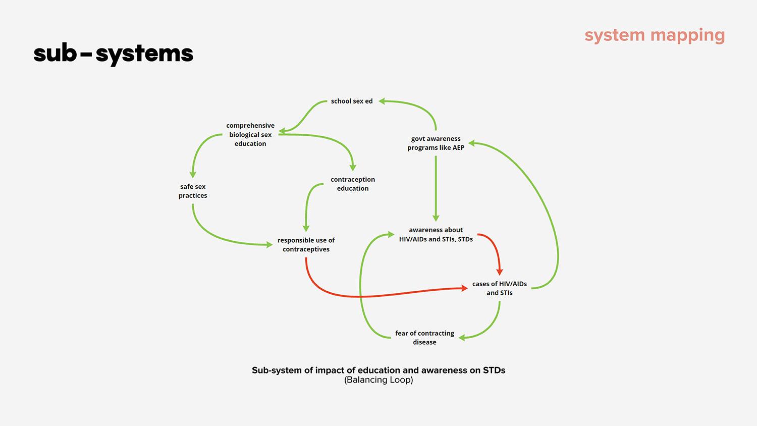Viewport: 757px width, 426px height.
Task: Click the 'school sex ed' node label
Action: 351,101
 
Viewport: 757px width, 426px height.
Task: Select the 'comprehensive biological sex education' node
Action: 250,135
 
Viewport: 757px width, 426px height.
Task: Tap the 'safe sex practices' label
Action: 193,191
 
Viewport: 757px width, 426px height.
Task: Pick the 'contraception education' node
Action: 353,184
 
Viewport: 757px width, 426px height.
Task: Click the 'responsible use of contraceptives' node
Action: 306,245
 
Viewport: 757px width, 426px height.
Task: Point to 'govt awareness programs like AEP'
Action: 436,143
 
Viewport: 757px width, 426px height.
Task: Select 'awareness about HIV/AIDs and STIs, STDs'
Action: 436,235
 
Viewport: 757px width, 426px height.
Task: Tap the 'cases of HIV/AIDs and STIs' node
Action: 499,288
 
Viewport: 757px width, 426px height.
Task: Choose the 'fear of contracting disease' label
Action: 424,338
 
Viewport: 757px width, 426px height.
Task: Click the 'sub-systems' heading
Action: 114,53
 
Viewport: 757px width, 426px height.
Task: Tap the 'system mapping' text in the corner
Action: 655,35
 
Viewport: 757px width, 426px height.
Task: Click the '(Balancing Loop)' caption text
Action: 379,380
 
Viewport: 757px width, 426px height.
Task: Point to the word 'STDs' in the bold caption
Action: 494,370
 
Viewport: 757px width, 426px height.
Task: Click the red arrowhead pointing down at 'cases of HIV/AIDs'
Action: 500,272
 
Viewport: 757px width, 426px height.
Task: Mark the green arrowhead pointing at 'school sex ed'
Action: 383,101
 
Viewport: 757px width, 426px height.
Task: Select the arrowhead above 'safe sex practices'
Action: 193,174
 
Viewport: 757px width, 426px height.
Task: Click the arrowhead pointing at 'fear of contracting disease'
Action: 462,338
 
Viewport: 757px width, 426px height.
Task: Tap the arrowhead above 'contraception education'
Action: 353,168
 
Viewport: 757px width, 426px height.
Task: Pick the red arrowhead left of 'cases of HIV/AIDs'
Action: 464,288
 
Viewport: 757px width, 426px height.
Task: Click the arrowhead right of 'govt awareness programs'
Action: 472,144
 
